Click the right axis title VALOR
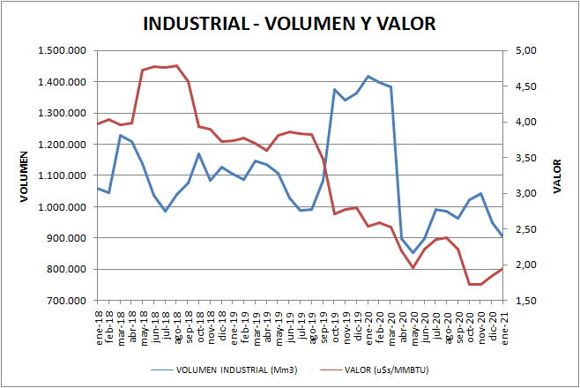(556, 175)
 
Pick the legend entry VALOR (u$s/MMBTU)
(381, 369)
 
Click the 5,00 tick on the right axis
(524, 51)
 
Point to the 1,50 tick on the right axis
(524, 301)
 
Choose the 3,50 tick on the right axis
(524, 158)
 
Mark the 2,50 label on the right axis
(524, 229)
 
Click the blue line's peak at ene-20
(368, 77)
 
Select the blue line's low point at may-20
(413, 253)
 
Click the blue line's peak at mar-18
(120, 135)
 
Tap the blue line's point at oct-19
(334, 89)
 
